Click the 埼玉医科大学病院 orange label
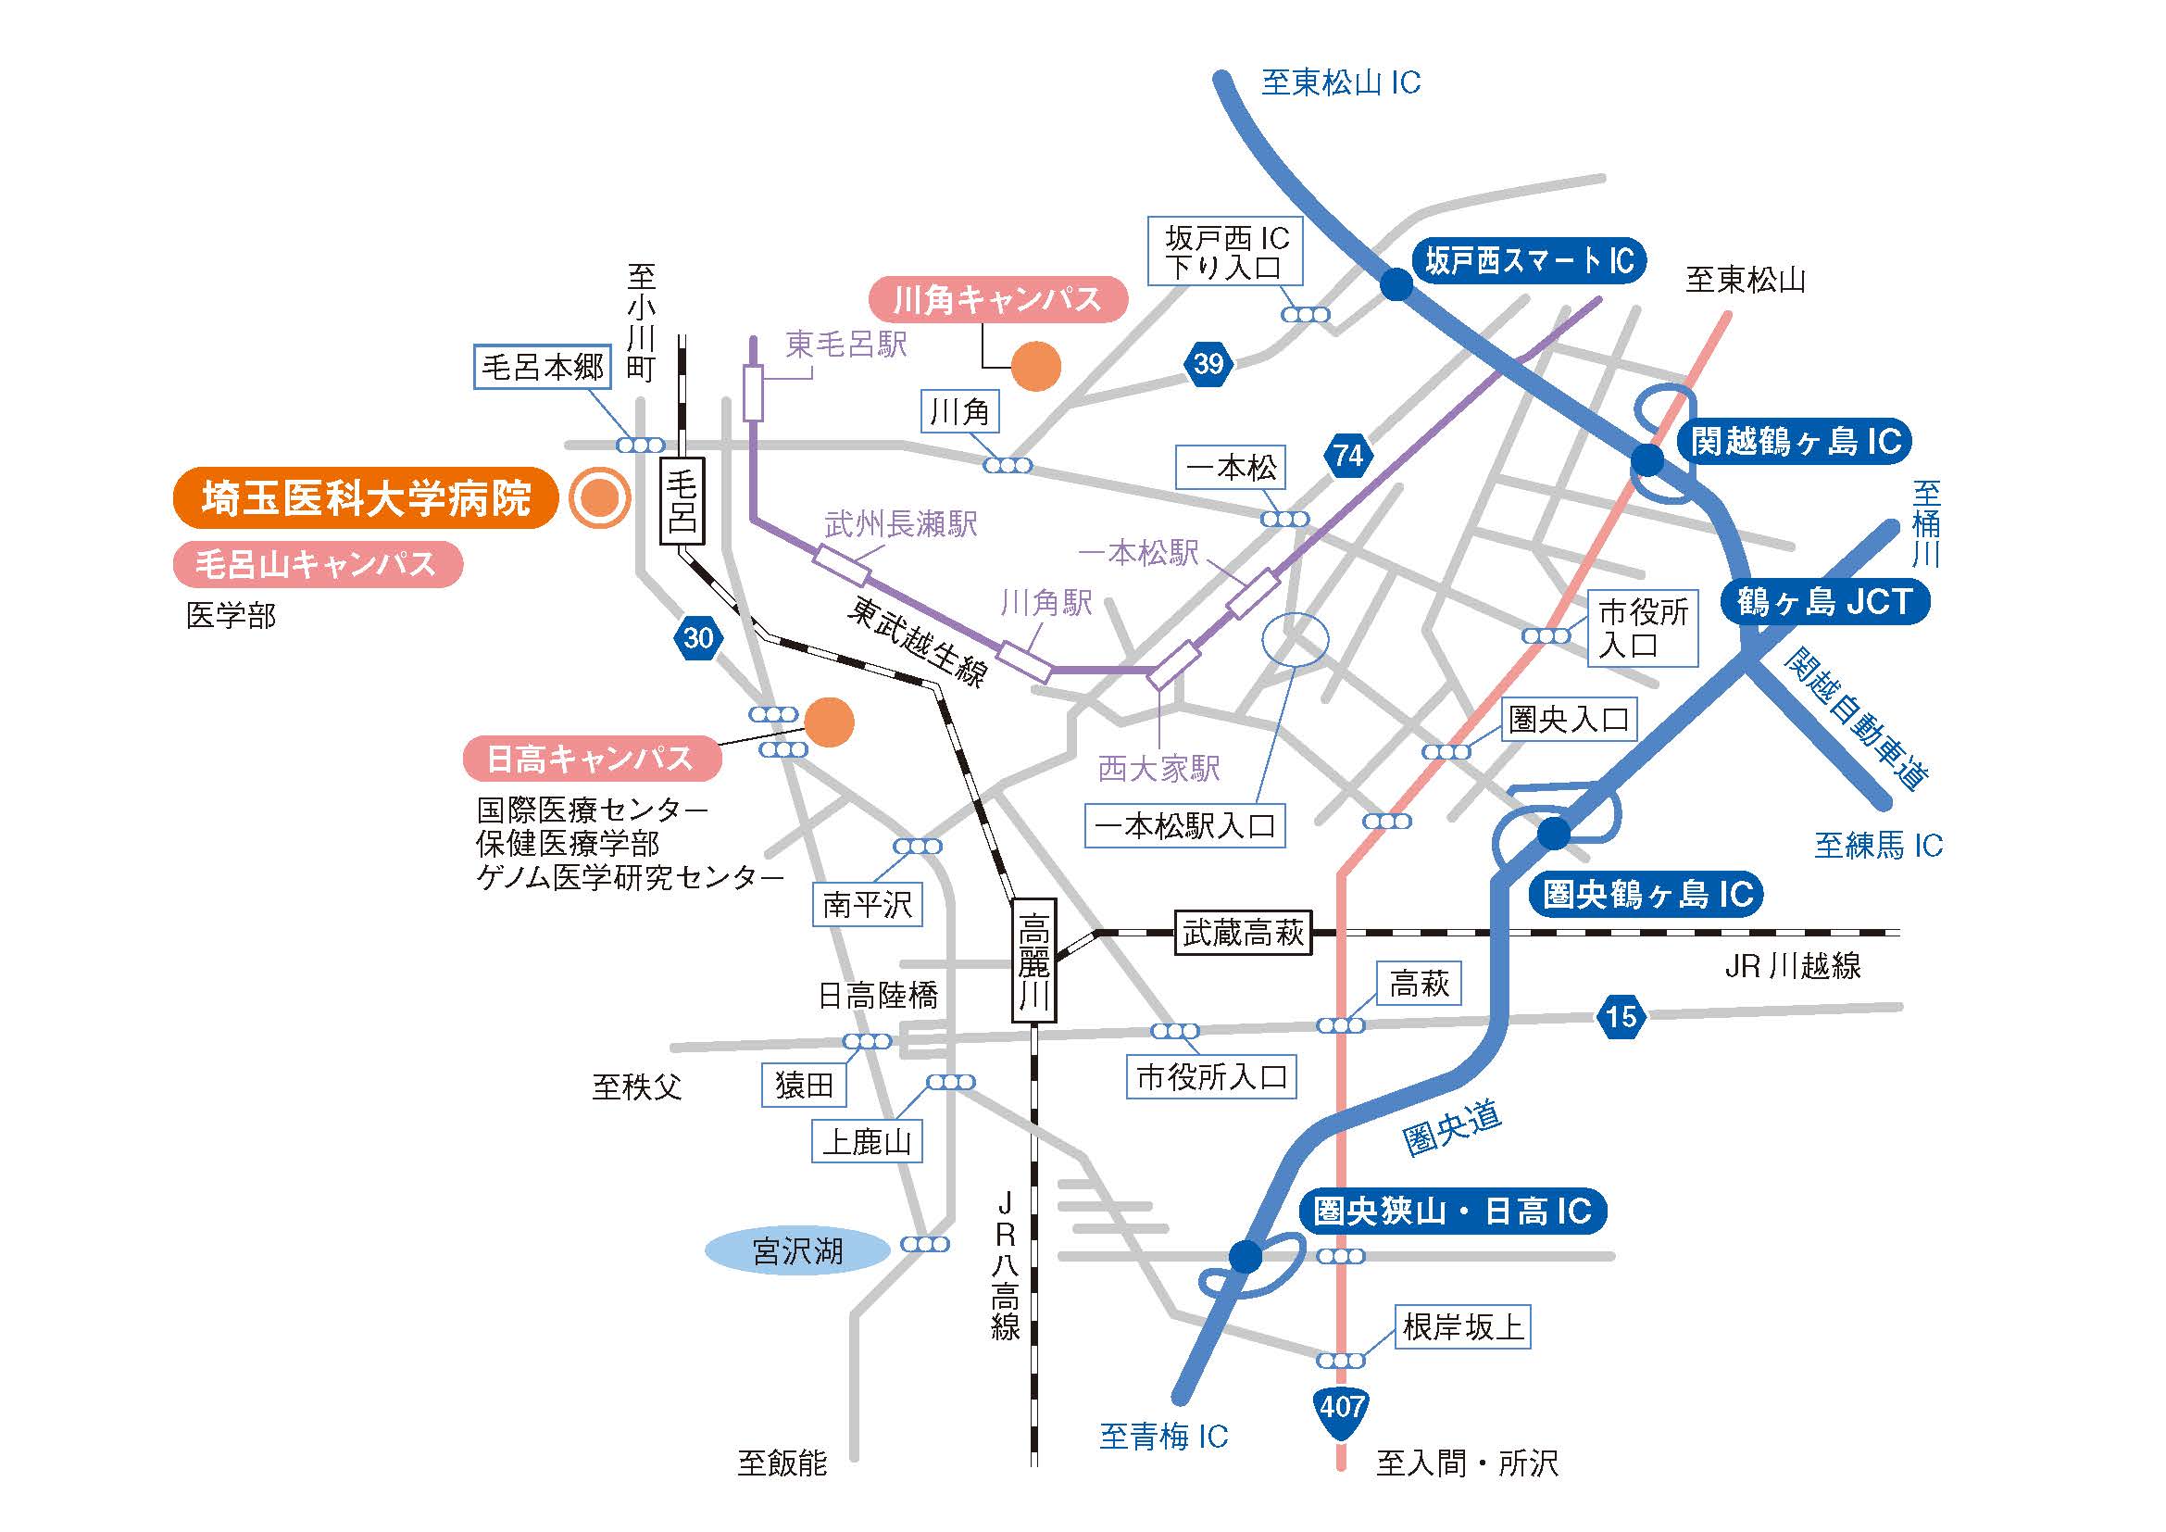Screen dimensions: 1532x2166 [366, 498]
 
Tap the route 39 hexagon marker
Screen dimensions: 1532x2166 [1208, 364]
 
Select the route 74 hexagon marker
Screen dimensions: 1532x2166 [1348, 456]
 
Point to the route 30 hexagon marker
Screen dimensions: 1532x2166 [698, 639]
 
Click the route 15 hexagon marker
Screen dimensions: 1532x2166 [1621, 1016]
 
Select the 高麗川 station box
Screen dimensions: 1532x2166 [1033, 961]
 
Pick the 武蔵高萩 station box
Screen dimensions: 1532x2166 [1243, 934]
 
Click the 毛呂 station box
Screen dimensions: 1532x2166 [682, 501]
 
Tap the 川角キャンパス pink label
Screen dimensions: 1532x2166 [997, 300]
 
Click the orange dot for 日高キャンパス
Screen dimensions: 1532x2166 [828, 722]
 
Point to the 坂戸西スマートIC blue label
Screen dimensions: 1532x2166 [1528, 260]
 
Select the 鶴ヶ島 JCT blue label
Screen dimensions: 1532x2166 [1823, 602]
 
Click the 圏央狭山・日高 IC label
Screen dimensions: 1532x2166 [1452, 1212]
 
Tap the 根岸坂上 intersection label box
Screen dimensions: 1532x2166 [1462, 1327]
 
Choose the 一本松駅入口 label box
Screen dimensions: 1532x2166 [1184, 826]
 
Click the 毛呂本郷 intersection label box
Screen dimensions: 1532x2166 [542, 366]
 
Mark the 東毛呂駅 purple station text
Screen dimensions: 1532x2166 [846, 345]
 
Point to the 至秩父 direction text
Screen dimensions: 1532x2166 [637, 1086]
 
